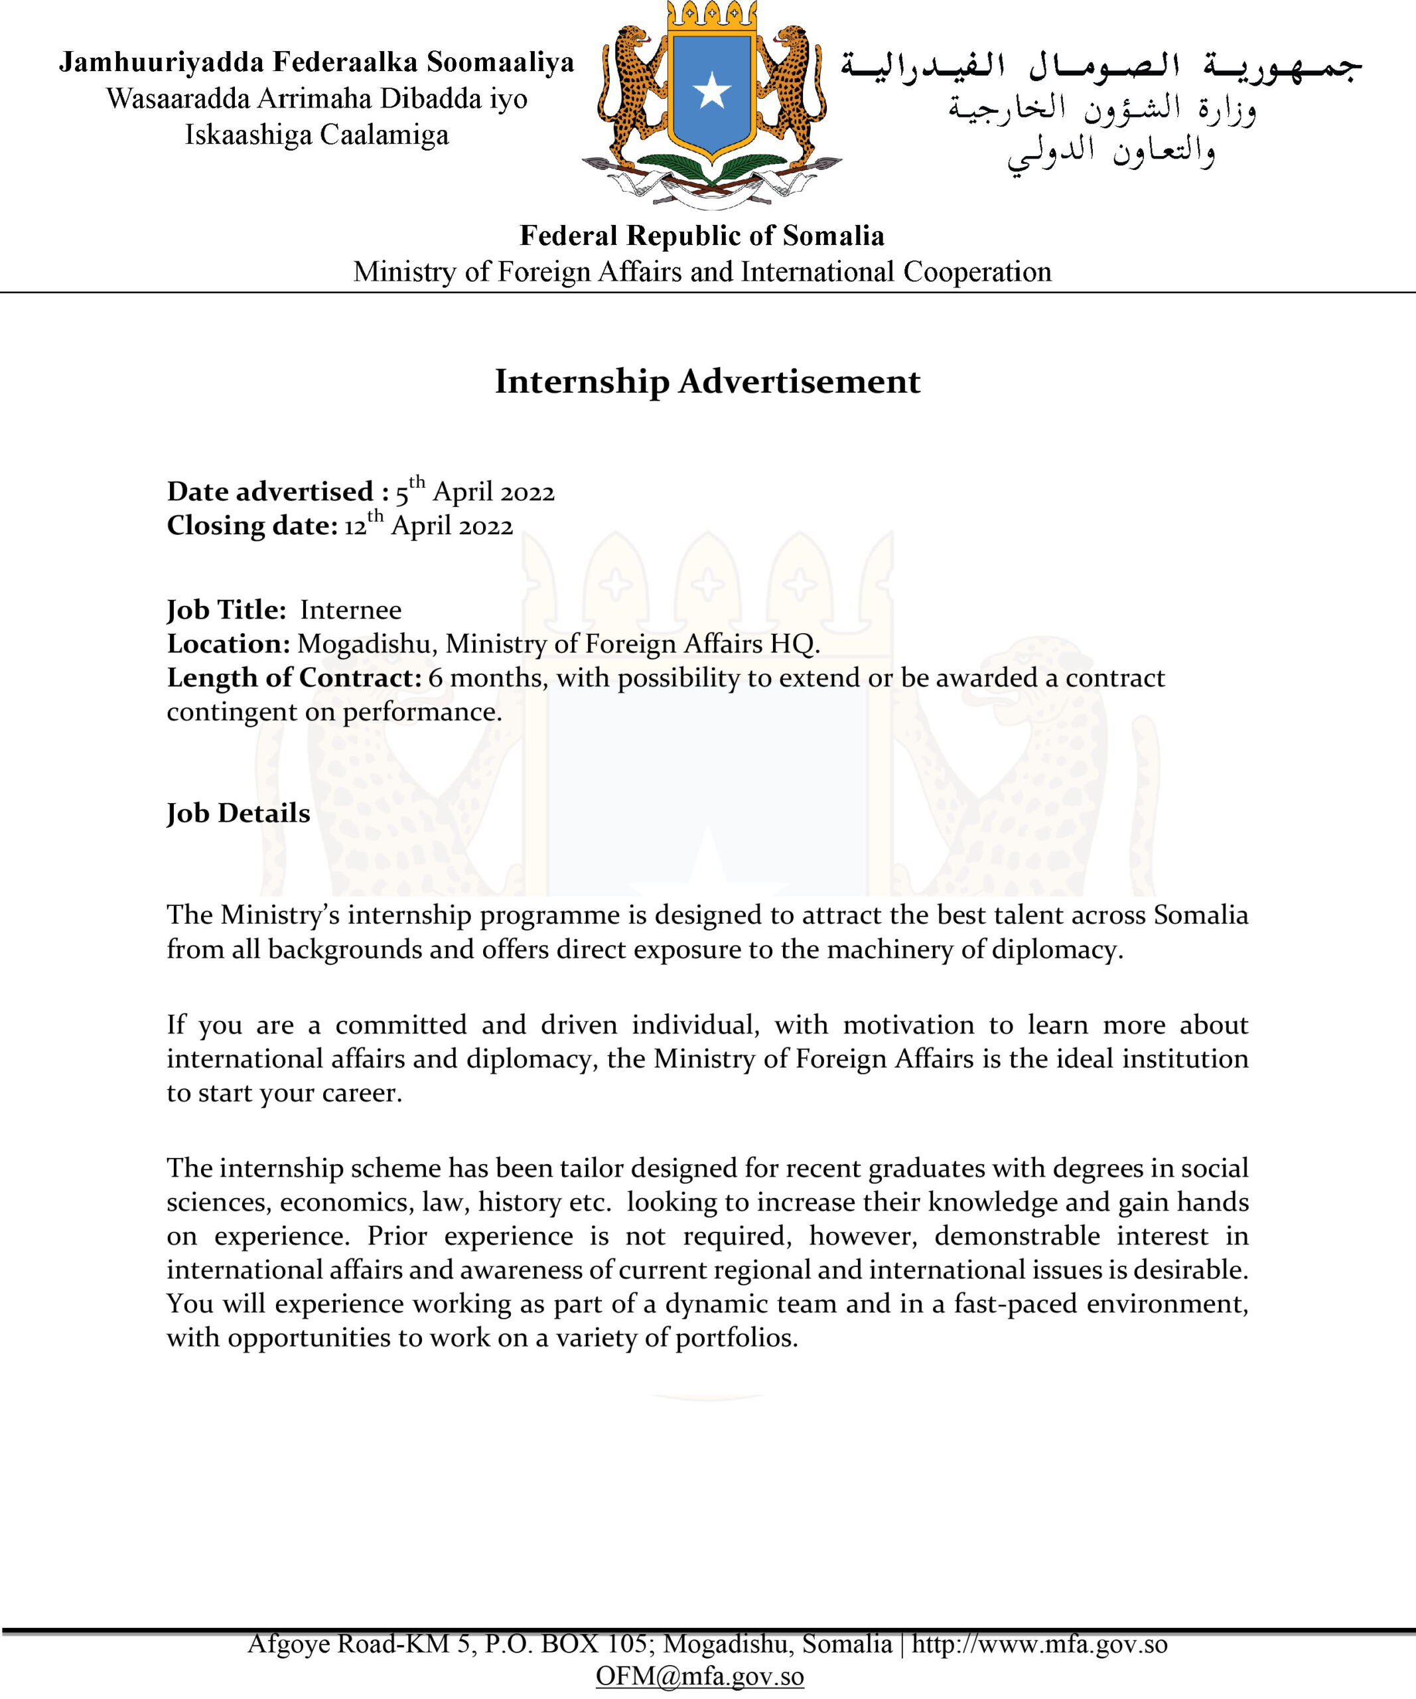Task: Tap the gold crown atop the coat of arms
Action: coord(711,16)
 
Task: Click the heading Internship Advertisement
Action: coord(707,381)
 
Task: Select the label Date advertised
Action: coord(270,492)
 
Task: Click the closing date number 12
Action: coord(355,527)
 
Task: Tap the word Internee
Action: coord(350,610)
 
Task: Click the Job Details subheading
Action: coord(239,813)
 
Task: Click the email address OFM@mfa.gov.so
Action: coord(699,1676)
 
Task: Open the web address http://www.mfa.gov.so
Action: coord(1039,1643)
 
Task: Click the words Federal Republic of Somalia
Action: coord(702,236)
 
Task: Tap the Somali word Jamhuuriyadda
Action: coord(161,62)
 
